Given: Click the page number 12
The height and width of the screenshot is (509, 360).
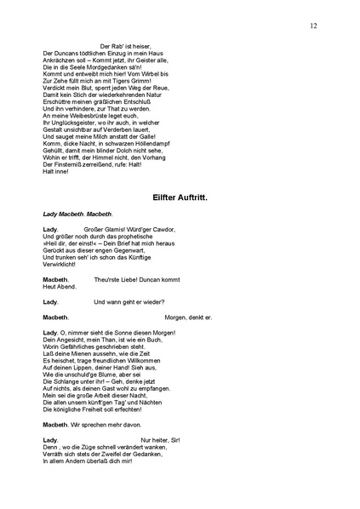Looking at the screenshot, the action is click(313, 26).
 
